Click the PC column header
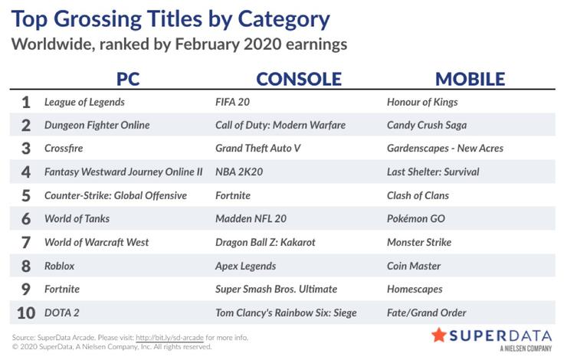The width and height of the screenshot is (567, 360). point(128,79)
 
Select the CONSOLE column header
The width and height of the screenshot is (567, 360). point(299,79)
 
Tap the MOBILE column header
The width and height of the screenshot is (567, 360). point(470,79)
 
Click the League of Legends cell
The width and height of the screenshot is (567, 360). point(84,103)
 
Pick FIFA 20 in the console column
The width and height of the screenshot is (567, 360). point(232,102)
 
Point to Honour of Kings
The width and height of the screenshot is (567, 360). point(422,103)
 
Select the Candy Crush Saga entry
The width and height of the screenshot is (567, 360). point(427,126)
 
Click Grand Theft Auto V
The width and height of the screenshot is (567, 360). point(257,148)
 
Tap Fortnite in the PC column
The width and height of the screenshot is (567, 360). point(62,290)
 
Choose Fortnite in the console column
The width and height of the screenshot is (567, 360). point(233,195)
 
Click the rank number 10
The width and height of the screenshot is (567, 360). point(26,313)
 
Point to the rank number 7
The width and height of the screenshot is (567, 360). point(26,243)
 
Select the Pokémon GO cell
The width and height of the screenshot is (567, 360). point(416,218)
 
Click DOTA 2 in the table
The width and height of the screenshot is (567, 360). point(61,313)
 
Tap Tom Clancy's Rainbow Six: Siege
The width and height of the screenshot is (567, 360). point(286,313)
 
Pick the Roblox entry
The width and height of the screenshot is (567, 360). point(59,266)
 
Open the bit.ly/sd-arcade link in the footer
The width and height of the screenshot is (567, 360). point(169,338)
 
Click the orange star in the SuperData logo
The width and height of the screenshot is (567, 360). point(439,335)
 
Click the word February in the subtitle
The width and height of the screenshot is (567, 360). point(207,44)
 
